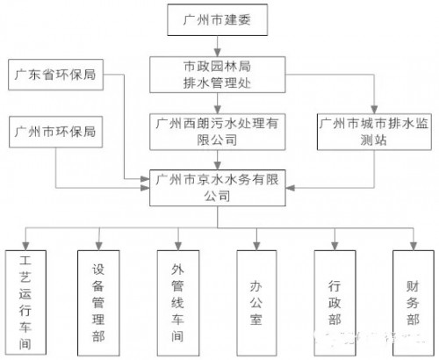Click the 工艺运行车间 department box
point(25,299)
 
